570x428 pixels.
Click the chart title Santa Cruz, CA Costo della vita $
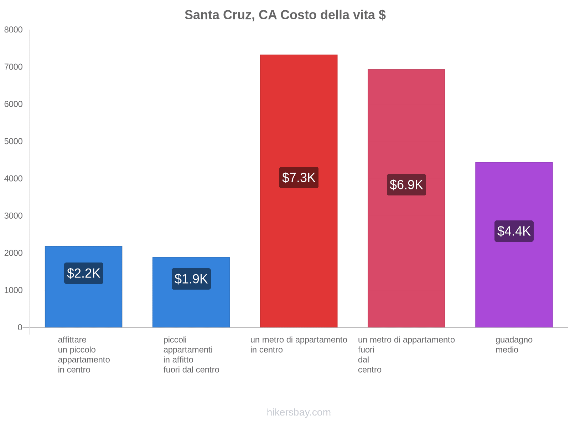click(285, 15)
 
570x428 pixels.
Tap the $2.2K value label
click(84, 273)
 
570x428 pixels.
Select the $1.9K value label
click(191, 279)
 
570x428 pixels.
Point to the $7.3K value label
click(299, 178)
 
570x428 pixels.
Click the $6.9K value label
click(406, 185)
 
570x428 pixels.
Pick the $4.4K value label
click(514, 231)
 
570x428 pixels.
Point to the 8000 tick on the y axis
click(14, 30)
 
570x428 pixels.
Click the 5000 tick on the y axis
click(14, 142)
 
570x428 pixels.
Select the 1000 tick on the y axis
click(14, 290)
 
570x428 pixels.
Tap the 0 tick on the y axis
click(20, 327)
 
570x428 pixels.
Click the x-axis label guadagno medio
click(514, 345)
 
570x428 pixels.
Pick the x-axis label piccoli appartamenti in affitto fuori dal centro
click(191, 355)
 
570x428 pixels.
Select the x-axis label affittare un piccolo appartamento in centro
click(84, 355)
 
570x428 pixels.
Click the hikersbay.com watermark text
click(299, 412)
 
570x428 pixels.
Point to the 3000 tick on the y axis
click(14, 216)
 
